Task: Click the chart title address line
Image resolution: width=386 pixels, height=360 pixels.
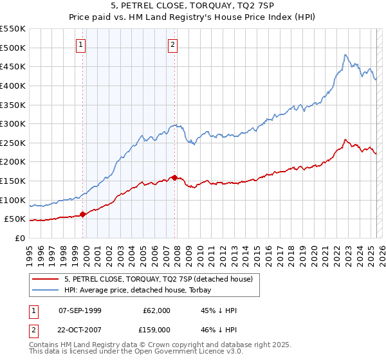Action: (x=192, y=7)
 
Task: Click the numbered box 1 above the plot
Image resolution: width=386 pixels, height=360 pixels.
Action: (x=81, y=45)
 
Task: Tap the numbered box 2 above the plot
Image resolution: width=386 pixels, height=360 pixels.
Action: (x=173, y=45)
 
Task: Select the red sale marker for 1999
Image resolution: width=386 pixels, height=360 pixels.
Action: (x=82, y=215)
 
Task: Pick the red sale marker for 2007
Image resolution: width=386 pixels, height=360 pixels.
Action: (x=175, y=177)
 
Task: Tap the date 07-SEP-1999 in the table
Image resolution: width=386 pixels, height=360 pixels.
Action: (x=79, y=310)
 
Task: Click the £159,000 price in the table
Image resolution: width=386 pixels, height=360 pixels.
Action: (x=157, y=329)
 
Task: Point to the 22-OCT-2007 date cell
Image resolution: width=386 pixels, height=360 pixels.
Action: (x=79, y=329)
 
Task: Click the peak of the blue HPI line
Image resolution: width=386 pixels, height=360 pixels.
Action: (x=345, y=55)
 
